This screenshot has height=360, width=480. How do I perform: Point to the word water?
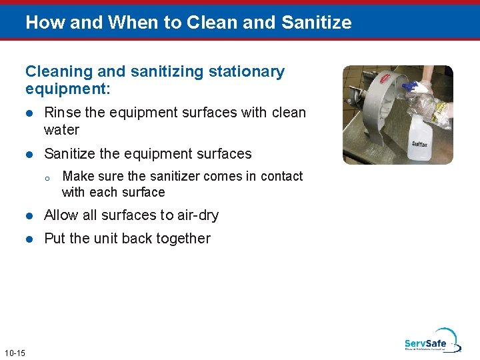(61, 130)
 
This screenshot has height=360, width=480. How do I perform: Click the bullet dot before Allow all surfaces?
(29, 215)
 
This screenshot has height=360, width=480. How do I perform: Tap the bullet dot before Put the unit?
(29, 239)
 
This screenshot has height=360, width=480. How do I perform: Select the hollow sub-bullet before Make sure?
(47, 177)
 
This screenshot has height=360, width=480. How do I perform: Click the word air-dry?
(198, 215)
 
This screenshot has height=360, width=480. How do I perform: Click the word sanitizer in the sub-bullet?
(173, 177)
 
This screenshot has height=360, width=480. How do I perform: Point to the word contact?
(281, 177)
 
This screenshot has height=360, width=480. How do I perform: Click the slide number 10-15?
(14, 353)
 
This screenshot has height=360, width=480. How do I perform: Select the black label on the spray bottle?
(420, 143)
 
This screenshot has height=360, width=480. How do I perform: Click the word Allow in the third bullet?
(61, 215)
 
